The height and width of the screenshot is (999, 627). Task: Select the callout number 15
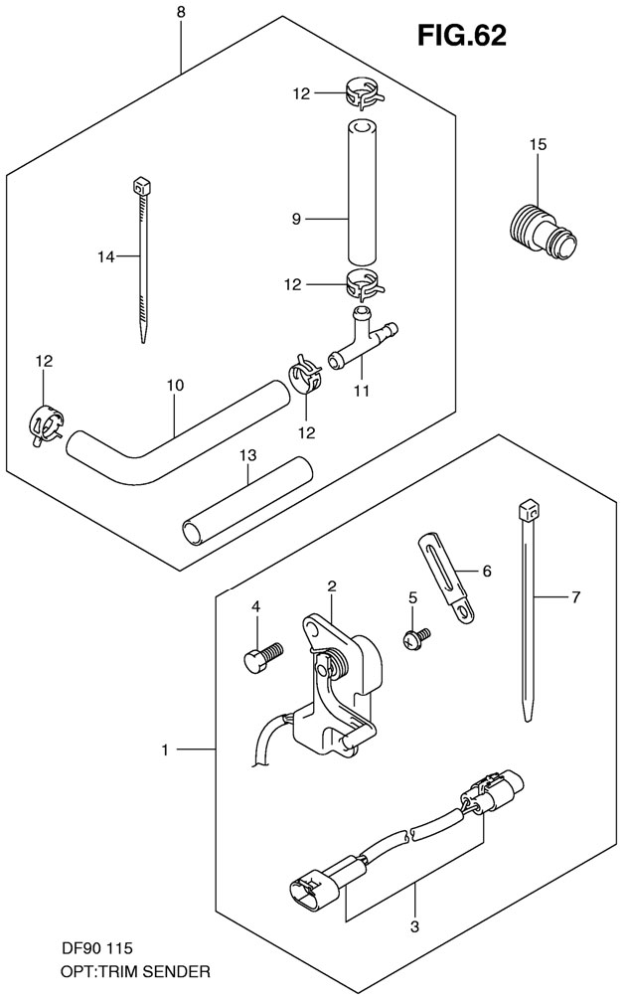(538, 145)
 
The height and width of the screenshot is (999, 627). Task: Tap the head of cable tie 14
(139, 185)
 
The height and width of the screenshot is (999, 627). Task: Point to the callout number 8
(180, 13)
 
